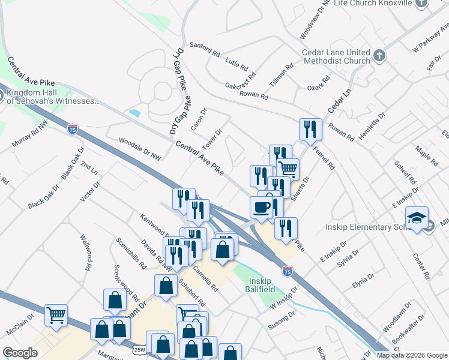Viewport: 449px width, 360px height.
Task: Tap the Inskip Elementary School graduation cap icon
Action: click(417, 219)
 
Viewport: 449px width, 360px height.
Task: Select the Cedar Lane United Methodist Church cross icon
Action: click(379, 56)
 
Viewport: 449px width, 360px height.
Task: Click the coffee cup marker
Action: click(261, 207)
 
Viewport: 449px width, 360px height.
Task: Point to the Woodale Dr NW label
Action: click(140, 149)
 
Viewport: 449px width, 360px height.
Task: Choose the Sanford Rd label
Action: click(205, 48)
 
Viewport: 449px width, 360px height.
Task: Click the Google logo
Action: click(20, 353)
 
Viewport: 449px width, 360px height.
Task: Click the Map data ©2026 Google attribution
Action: click(412, 355)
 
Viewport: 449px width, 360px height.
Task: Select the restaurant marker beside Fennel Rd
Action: click(310, 129)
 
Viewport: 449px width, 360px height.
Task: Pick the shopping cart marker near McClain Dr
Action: click(56, 314)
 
